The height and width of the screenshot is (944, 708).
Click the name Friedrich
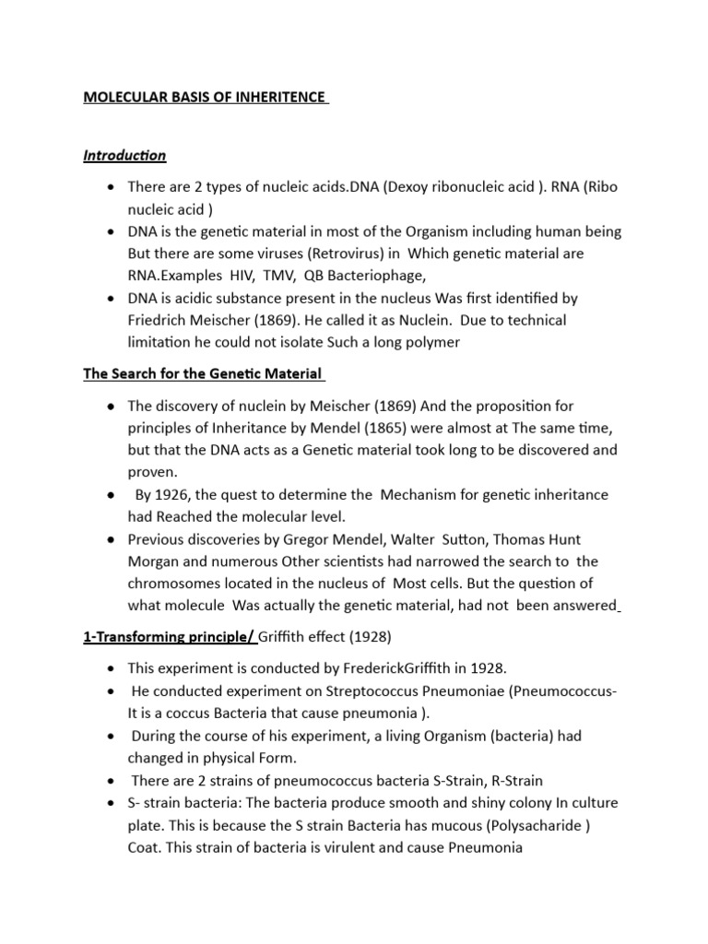click(159, 320)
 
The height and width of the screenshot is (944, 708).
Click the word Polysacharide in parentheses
click(530, 825)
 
